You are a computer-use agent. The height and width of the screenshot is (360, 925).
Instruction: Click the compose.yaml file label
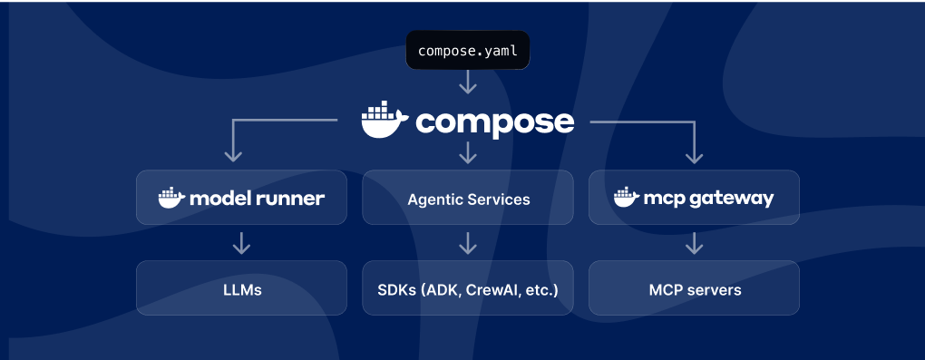coord(467,52)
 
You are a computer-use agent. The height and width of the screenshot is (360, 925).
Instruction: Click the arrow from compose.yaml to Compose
coord(467,83)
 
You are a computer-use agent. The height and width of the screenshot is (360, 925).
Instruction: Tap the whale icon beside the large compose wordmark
coord(385,122)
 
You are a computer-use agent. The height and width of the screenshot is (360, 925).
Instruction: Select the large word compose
coord(494,122)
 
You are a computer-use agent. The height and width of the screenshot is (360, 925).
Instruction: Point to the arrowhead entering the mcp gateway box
coord(694,156)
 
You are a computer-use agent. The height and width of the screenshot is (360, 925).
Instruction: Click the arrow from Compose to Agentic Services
coord(467,152)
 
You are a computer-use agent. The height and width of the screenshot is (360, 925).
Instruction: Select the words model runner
coord(257,198)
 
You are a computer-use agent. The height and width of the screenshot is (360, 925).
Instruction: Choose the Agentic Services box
coord(467,198)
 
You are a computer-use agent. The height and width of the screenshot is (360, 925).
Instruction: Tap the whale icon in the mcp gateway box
coord(626,198)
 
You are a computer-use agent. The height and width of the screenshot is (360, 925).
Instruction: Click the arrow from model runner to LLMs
coord(241,243)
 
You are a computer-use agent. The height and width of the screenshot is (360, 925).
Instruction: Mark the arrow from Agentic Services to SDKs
coord(467,243)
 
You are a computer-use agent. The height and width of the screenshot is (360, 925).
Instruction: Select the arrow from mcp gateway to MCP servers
coord(694,243)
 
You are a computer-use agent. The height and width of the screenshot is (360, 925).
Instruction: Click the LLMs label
coord(241,290)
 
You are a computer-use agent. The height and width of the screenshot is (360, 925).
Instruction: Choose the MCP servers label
coord(695,290)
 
